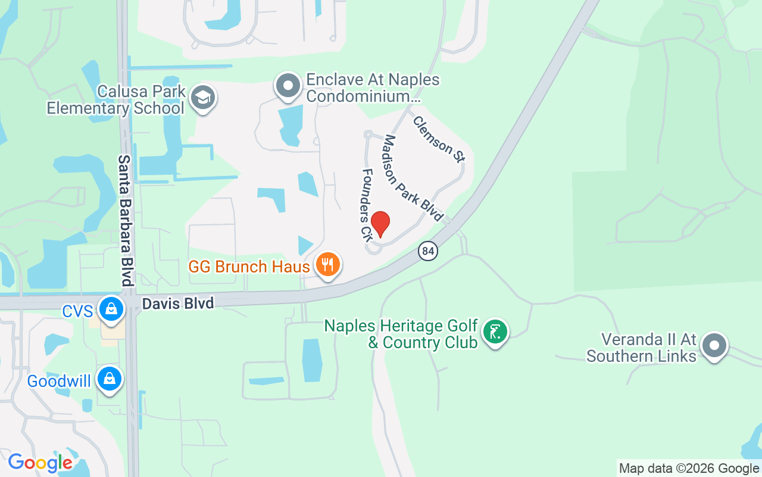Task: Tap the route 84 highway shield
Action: [x=427, y=251]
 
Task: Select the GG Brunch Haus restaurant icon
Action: [x=327, y=264]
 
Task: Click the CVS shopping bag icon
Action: [x=111, y=308]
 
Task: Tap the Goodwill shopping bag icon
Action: [x=110, y=379]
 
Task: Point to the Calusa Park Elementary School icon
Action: [x=203, y=99]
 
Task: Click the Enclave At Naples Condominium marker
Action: [x=289, y=86]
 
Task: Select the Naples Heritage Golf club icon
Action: [x=495, y=331]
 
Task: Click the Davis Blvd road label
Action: [x=177, y=303]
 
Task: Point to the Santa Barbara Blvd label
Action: [x=124, y=220]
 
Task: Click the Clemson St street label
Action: [x=439, y=139]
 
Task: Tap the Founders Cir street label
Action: [x=367, y=204]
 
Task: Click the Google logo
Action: [x=40, y=463]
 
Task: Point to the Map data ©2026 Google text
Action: [x=689, y=469]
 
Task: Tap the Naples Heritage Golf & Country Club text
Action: [x=401, y=334]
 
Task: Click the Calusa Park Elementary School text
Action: [x=115, y=100]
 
